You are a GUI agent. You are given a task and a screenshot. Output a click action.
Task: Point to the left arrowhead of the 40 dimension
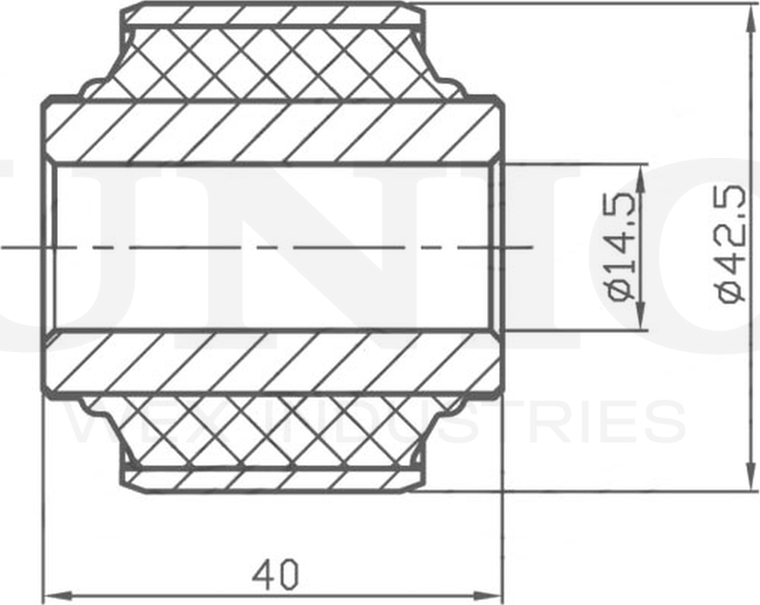tap(52, 595)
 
